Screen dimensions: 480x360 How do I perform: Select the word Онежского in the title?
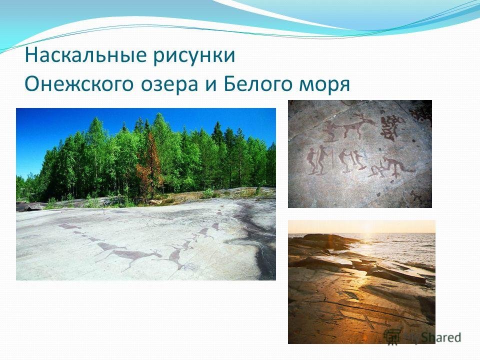[78, 84]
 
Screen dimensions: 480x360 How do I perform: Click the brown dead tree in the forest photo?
[149, 165]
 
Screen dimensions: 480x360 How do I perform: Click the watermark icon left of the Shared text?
[392, 336]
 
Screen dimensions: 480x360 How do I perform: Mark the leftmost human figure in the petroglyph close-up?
[311, 161]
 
